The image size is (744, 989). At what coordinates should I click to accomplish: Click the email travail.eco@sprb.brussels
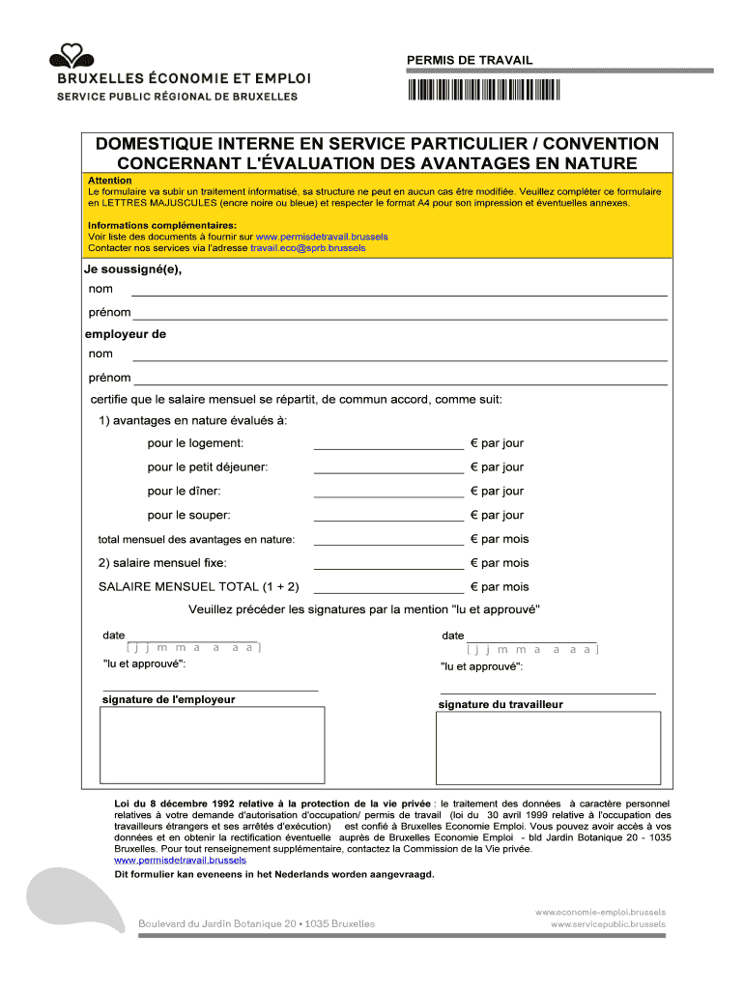tap(308, 248)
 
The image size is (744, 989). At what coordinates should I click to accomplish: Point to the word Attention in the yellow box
tap(110, 181)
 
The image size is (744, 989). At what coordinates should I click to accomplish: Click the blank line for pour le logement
tap(388, 446)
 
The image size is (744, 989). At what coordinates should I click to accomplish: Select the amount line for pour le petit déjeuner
tap(388, 470)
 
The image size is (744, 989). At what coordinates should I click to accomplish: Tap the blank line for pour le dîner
tap(388, 494)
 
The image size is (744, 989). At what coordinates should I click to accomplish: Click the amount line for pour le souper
tap(388, 519)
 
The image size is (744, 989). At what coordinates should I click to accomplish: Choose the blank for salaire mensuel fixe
tap(388, 566)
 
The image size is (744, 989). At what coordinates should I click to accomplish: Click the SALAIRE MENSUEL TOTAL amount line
tap(388, 590)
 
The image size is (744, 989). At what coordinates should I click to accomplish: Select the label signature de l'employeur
tap(169, 699)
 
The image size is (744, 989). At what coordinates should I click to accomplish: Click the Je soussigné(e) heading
tap(133, 269)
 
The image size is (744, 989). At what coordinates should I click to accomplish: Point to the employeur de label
tap(126, 334)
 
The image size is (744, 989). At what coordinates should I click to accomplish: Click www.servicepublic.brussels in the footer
tap(608, 924)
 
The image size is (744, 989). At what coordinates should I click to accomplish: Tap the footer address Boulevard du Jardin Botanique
tap(258, 924)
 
